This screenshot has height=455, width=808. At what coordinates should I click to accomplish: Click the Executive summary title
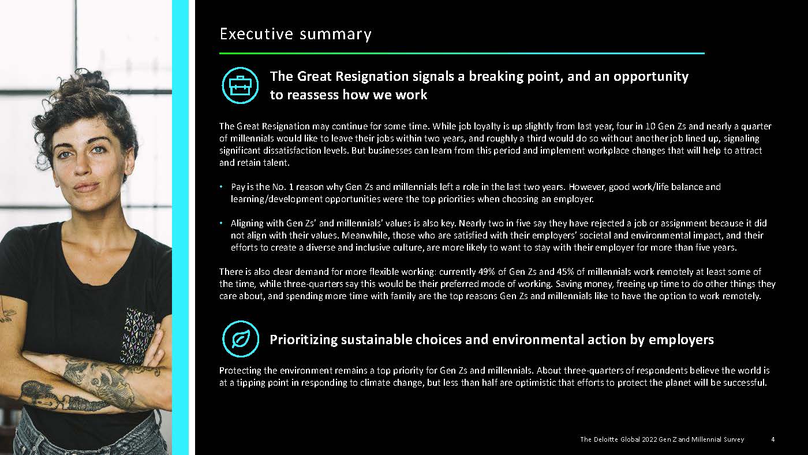point(295,34)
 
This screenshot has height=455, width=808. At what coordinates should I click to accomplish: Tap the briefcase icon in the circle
point(240,85)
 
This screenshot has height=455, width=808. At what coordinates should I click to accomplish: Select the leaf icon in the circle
point(240,339)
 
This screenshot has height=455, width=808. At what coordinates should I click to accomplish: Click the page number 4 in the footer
point(772,439)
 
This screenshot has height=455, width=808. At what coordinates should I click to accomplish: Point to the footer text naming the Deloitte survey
point(661,439)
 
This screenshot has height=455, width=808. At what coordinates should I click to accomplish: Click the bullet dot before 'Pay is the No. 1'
point(221,187)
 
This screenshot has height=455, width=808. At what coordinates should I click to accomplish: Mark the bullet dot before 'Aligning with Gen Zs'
point(221,223)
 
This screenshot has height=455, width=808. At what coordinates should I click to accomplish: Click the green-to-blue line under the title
point(462,54)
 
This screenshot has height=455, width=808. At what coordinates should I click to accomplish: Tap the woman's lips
point(87,187)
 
